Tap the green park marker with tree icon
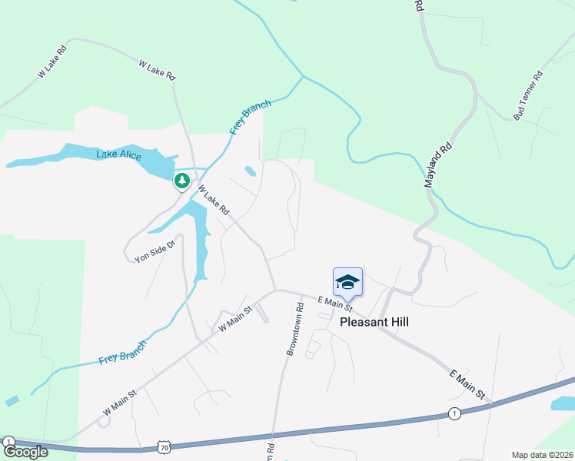(x=181, y=181)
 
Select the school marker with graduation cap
(x=347, y=283)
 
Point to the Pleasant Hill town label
(x=374, y=323)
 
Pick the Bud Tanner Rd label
(x=529, y=95)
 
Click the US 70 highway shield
(x=164, y=447)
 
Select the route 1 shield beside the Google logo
(x=8, y=442)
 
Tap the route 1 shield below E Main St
(x=454, y=414)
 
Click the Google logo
(x=25, y=452)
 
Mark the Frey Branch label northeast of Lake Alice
(x=251, y=116)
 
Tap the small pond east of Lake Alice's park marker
(x=250, y=171)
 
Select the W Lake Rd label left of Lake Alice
(x=53, y=61)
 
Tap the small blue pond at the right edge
(x=563, y=403)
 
